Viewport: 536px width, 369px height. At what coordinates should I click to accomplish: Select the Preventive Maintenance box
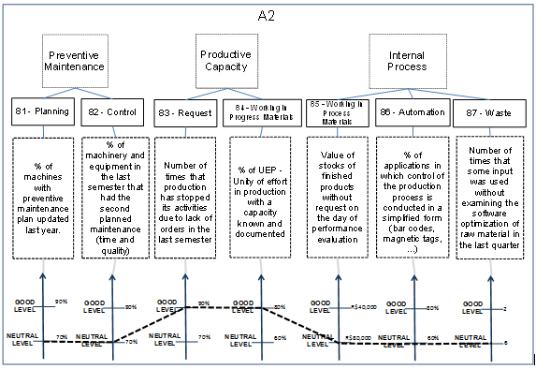pyautogui.click(x=71, y=61)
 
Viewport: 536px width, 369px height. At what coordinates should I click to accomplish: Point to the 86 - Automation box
pyautogui.click(x=408, y=111)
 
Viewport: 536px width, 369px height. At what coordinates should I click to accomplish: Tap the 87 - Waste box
pyautogui.click(x=484, y=111)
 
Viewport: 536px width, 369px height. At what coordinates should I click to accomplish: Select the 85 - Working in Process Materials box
pyautogui.click(x=338, y=111)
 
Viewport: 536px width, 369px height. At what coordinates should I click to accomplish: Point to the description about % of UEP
pyautogui.click(x=262, y=191)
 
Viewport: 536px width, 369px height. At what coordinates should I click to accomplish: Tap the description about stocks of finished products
pyautogui.click(x=338, y=191)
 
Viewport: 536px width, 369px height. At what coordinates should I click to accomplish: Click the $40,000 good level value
pyautogui.click(x=366, y=306)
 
